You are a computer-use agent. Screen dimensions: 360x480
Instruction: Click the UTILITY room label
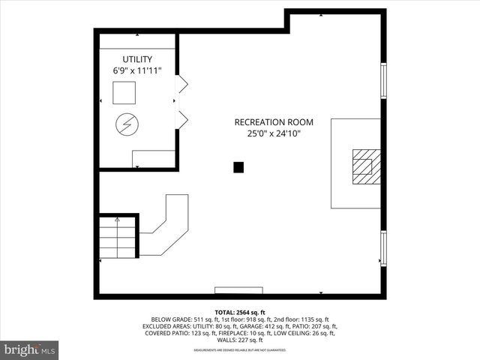pyautogui.click(x=137, y=59)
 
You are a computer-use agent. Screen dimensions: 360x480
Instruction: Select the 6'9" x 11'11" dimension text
pyautogui.click(x=137, y=70)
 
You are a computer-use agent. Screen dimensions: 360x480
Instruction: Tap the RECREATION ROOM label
pyautogui.click(x=274, y=122)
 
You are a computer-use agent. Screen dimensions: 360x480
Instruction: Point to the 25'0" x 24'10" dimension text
pyautogui.click(x=274, y=134)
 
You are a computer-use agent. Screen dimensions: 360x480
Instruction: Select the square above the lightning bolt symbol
pyautogui.click(x=124, y=92)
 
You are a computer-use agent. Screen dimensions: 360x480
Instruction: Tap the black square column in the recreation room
pyautogui.click(x=238, y=167)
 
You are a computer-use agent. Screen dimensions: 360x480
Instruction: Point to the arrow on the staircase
pyautogui.click(x=117, y=220)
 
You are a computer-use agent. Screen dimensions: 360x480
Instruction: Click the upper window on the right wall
pyautogui.click(x=383, y=81)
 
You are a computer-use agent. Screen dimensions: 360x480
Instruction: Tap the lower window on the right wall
pyautogui.click(x=383, y=247)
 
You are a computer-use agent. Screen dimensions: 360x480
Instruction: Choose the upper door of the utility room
pyautogui.click(x=181, y=84)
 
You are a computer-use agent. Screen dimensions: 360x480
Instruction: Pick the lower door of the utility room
pyautogui.click(x=181, y=118)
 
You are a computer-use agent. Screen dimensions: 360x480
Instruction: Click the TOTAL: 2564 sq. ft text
pyautogui.click(x=240, y=312)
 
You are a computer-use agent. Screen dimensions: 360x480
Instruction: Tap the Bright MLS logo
pyautogui.click(x=30, y=349)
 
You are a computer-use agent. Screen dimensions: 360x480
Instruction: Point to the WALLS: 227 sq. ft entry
pyautogui.click(x=240, y=340)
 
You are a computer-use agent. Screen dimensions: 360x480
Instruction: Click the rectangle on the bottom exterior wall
pyautogui.click(x=238, y=289)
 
